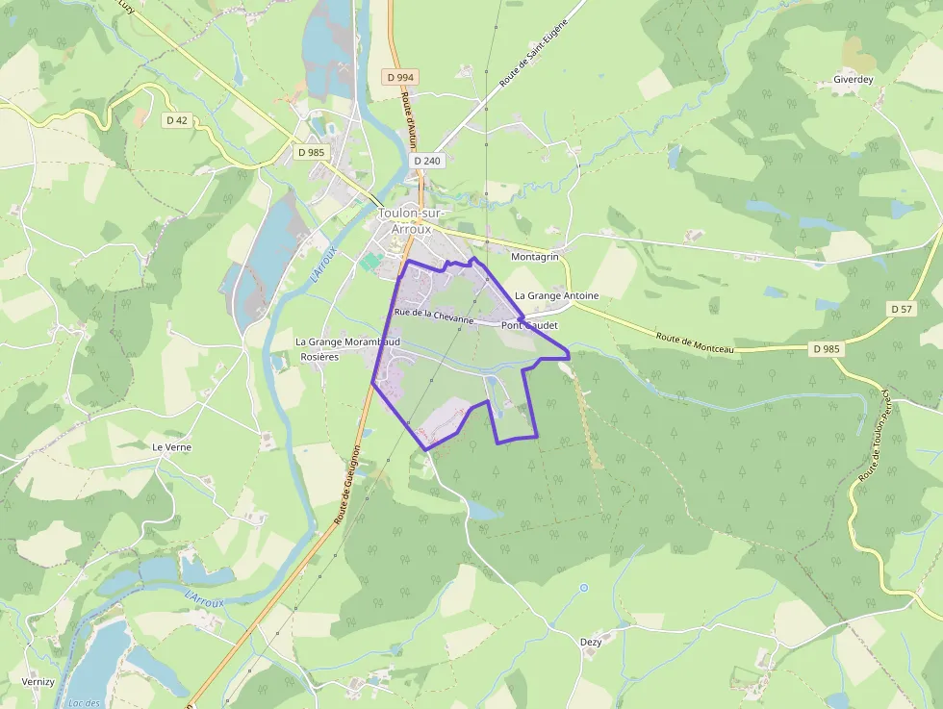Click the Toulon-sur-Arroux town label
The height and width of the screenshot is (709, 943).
[405, 221]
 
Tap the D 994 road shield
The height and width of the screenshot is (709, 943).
[400, 77]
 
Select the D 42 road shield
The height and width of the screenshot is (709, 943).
[176, 120]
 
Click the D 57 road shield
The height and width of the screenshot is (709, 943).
[901, 309]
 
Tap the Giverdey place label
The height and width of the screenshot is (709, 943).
[853, 80]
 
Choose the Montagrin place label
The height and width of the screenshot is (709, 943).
[535, 258]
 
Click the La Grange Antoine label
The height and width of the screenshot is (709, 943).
[556, 295]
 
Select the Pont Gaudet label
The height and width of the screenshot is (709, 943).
[529, 325]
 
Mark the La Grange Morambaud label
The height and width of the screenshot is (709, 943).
[347, 342]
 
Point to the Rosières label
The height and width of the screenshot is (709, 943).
[319, 357]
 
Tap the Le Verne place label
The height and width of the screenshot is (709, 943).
[171, 447]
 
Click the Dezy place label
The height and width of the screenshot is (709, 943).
[591, 642]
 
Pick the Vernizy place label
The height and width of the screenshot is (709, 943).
[38, 681]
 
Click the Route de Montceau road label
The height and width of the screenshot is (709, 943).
[695, 342]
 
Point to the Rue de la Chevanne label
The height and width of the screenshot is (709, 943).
[434, 316]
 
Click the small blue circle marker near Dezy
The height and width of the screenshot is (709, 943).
[583, 587]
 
